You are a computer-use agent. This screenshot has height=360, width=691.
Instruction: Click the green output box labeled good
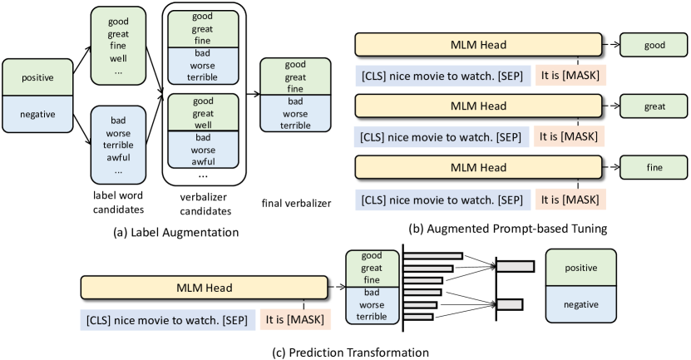[654, 46]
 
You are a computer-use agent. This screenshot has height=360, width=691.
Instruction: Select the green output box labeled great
[654, 106]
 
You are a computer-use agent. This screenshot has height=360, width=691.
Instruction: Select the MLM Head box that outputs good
[479, 45]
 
